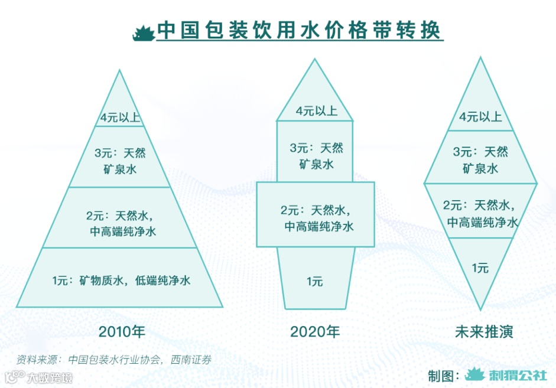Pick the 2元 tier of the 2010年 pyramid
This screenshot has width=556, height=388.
click(x=119, y=218)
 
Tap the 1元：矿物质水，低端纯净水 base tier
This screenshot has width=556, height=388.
click(x=119, y=279)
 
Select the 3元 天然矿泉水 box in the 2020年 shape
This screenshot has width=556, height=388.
click(x=316, y=155)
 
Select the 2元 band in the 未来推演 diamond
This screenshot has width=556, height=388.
click(x=480, y=213)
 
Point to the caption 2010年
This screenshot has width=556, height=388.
click(x=121, y=331)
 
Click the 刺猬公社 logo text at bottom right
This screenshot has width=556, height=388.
click(x=513, y=375)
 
